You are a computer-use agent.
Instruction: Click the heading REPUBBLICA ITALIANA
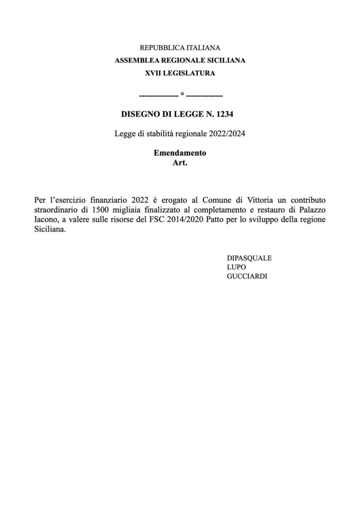(180, 48)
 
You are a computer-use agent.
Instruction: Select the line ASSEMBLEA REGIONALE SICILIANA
(180, 61)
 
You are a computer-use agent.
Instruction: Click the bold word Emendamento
(180, 153)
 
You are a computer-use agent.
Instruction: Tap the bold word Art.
(180, 162)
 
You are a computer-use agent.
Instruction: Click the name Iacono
(46, 220)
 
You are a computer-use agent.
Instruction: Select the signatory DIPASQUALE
(250, 258)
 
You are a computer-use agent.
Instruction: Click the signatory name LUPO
(236, 267)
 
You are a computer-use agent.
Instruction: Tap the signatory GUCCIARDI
(247, 276)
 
